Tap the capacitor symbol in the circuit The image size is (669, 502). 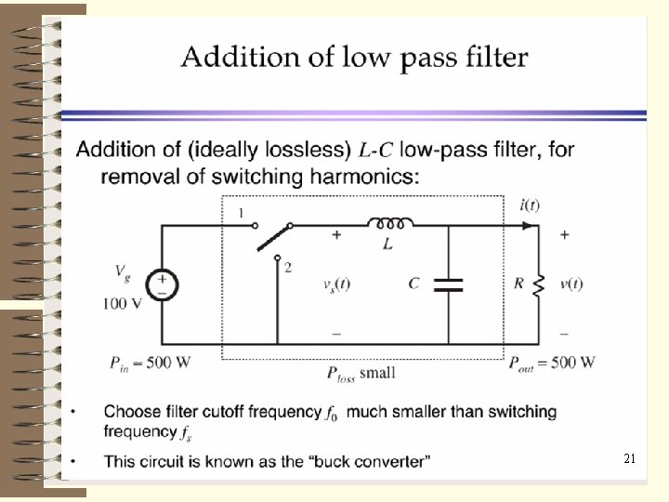tap(449, 284)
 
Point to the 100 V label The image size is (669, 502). tap(122, 304)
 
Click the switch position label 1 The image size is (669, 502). tap(241, 214)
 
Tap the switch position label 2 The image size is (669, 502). tap(288, 268)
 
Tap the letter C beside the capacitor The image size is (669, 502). tap(413, 284)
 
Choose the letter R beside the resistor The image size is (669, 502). tap(518, 284)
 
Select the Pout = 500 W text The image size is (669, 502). tap(552, 363)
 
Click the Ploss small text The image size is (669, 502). tap(361, 374)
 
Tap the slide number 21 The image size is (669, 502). tap(629, 459)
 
